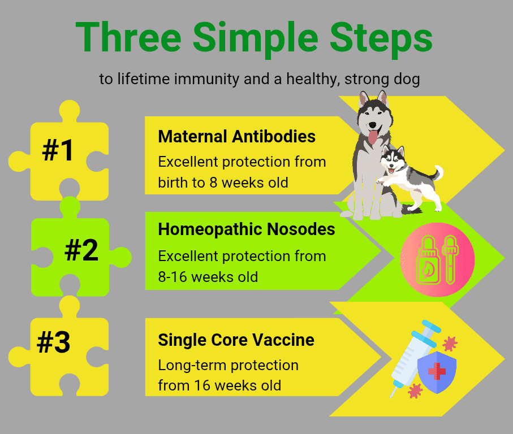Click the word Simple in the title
(256, 39)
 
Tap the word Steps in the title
(381, 39)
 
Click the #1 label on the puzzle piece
(58, 150)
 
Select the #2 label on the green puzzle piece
(81, 250)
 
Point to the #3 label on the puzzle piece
(54, 342)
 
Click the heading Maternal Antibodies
(236, 136)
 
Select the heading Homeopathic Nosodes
(247, 229)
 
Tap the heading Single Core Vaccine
(236, 340)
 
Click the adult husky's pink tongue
(373, 137)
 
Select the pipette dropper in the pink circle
(450, 259)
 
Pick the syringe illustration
(413, 358)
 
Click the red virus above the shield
(450, 343)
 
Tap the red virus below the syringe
(415, 390)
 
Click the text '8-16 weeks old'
(208, 277)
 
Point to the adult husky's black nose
(373, 125)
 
